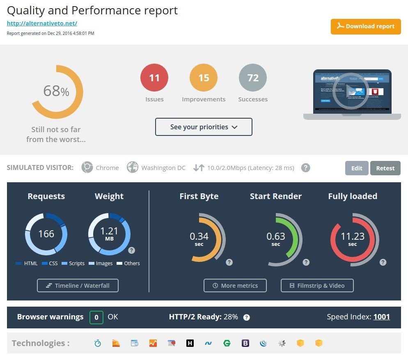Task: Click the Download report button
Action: coord(366,26)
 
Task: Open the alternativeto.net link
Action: coord(42,23)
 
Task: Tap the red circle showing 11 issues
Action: coord(154,78)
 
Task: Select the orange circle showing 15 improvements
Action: coord(204,78)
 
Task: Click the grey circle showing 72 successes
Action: coord(253,78)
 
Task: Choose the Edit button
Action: coord(357,168)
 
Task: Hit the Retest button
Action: coord(385,168)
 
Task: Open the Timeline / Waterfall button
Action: coord(78,285)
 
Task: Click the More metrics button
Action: coord(235,285)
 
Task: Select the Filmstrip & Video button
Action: coord(317,285)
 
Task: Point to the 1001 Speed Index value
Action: coord(381,317)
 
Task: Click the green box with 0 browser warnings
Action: coord(96,317)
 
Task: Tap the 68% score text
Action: coord(56,91)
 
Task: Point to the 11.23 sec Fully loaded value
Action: coord(353,237)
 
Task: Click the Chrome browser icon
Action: coord(87,167)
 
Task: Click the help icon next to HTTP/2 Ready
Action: coord(246,317)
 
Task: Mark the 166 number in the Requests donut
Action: coord(46,234)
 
